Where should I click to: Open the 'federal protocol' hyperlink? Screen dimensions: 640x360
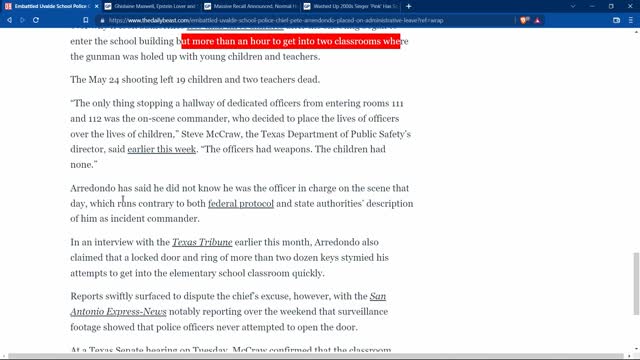coord(241,204)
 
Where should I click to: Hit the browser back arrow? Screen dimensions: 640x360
coord(8,20)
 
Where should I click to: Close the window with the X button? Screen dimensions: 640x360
coord(629,6)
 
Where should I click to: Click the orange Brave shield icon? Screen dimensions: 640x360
coord(524,20)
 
